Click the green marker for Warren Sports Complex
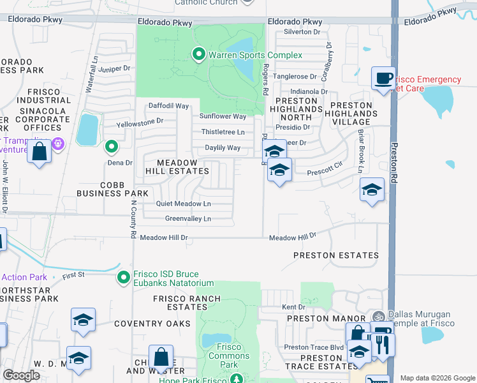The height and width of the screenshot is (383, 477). point(198,55)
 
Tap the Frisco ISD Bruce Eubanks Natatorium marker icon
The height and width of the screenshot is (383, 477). point(124,277)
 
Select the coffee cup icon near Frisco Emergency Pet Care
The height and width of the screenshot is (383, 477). point(383,79)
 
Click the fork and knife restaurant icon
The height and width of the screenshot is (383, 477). point(383,344)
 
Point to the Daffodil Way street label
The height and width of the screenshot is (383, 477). point(169,105)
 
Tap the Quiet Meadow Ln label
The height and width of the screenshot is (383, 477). point(184,204)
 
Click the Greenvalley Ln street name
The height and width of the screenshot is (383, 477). point(188,218)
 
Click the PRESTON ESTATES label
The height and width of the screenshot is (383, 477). point(336,255)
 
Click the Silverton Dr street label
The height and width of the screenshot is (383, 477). point(302,31)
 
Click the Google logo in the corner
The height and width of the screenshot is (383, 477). point(21,375)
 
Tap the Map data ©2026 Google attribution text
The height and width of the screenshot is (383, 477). point(437,378)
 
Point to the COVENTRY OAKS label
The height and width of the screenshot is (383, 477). point(152,324)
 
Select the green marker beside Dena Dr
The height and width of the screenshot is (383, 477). point(112,147)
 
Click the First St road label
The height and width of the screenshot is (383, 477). point(73,274)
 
